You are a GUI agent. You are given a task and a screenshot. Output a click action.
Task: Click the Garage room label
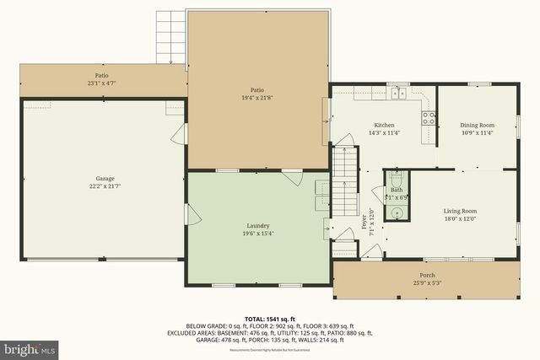pyautogui.click(x=105, y=178)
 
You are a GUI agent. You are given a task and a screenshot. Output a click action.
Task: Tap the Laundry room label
pyautogui.click(x=257, y=225)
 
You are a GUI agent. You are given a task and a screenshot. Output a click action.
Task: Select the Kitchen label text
pyautogui.click(x=384, y=123)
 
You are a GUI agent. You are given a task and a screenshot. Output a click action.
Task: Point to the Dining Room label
pyautogui.click(x=477, y=123)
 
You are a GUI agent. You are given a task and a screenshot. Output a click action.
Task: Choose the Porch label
pyautogui.click(x=428, y=275)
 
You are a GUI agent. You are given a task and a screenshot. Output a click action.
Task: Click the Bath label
pyautogui.click(x=396, y=190)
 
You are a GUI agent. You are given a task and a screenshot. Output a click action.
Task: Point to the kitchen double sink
pyautogui.click(x=397, y=93)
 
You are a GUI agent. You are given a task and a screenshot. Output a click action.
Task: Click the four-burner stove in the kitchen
pyautogui.click(x=428, y=116)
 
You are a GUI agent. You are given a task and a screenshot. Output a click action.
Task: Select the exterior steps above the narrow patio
pyautogui.click(x=170, y=38)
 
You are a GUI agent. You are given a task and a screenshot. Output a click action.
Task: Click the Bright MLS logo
pyautogui.click(x=29, y=347)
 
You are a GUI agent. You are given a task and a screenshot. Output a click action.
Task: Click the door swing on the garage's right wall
pyautogui.click(x=178, y=136)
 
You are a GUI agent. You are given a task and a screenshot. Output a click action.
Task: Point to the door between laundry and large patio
pyautogui.click(x=292, y=177)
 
